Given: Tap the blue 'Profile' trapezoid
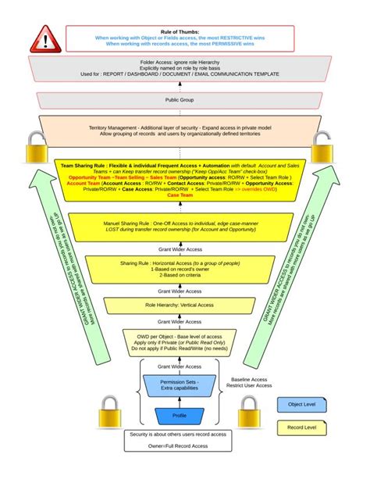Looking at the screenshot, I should pyautogui.click(x=180, y=414).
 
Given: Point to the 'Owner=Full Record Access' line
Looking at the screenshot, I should pyautogui.click(x=180, y=445).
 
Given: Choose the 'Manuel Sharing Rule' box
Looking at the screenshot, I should pyautogui.click(x=180, y=229).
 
